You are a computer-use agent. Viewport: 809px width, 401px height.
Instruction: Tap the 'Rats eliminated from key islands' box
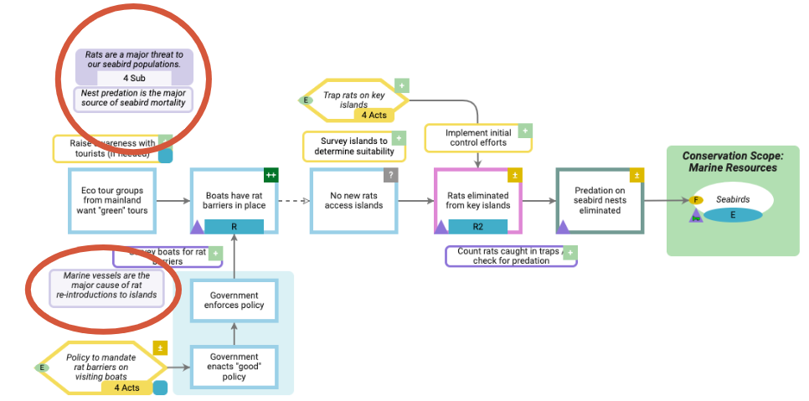(x=477, y=194)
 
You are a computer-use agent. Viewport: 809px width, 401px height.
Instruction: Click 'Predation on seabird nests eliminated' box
(x=599, y=200)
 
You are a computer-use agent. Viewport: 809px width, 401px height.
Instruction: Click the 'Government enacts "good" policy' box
(x=234, y=367)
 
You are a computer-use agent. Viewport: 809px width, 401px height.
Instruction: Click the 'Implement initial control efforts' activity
(x=477, y=138)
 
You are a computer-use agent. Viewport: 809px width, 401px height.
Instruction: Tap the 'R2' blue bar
(x=477, y=226)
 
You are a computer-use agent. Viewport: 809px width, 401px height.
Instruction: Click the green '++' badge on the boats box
(x=271, y=175)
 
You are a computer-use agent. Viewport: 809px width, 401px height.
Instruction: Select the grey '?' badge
(x=390, y=175)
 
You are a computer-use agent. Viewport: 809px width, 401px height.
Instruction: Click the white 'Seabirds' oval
(x=732, y=199)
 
